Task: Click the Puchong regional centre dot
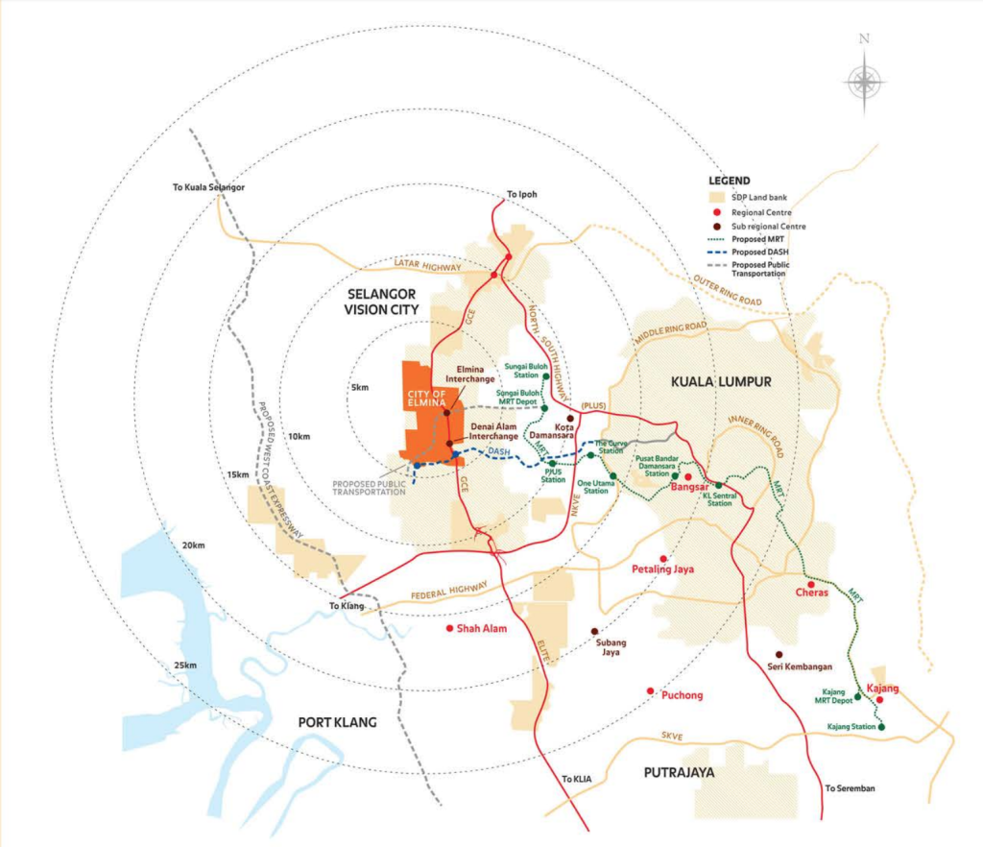coord(650,691)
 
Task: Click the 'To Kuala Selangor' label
coord(210,187)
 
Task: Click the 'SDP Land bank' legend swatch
coord(714,197)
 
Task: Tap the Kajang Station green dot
coord(881,727)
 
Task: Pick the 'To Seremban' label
coord(850,788)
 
